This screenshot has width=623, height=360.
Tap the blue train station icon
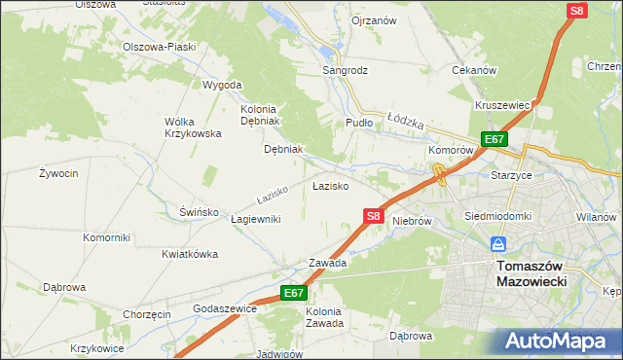(x=498, y=244)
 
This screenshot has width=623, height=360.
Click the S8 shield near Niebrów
(x=373, y=217)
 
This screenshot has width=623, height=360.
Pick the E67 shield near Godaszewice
(x=294, y=293)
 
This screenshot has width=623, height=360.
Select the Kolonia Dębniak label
(x=259, y=115)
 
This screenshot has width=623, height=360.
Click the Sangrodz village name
(x=346, y=71)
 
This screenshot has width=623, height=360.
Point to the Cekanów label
(x=475, y=71)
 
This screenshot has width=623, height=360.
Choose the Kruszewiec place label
(x=502, y=105)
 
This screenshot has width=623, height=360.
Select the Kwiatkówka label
(x=190, y=254)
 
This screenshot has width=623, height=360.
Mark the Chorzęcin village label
(x=147, y=314)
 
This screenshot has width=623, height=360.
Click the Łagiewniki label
(x=256, y=220)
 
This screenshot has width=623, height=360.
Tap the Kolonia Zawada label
(x=324, y=317)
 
